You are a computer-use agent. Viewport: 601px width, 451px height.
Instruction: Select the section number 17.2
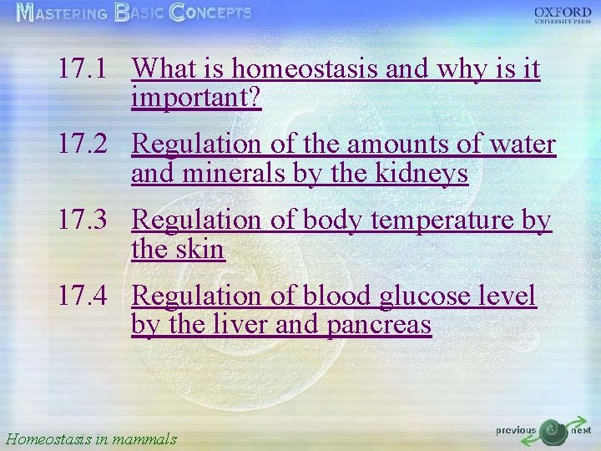83,144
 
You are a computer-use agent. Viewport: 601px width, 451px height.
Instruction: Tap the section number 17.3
83,220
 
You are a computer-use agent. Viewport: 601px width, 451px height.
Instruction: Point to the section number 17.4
83,296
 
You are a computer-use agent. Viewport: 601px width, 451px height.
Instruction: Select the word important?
196,99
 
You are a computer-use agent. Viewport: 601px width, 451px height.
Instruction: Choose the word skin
202,250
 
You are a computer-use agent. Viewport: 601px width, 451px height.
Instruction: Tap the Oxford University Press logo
563,16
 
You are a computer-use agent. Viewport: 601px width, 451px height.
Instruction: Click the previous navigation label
516,431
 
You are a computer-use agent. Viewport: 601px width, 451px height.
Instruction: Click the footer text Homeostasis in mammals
91,438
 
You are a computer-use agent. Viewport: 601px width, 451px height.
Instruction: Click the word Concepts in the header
210,13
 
